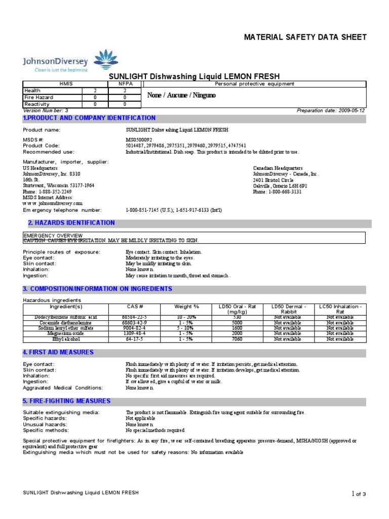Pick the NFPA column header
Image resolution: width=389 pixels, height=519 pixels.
click(125, 84)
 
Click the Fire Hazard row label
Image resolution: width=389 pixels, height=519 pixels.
click(39, 97)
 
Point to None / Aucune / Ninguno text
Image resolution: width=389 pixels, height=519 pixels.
click(181, 95)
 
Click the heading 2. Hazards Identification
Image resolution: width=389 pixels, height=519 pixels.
click(71, 223)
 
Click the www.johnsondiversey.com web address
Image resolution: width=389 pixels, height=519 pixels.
click(53, 203)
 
